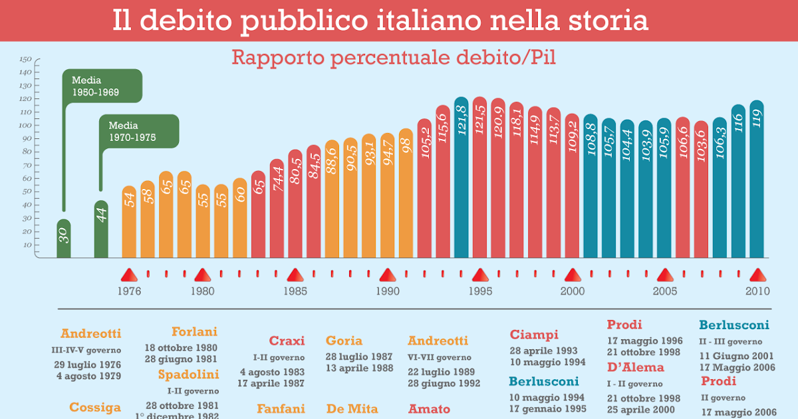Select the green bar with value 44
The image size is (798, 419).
click(101, 229)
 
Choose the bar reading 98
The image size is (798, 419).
click(406, 193)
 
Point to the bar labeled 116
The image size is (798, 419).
click(738, 181)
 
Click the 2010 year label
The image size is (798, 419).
click(757, 291)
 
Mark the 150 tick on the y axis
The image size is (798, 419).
click(26, 59)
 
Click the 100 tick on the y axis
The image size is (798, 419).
click(26, 125)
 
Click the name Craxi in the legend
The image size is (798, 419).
click(287, 341)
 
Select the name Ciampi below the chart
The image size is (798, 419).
click(534, 335)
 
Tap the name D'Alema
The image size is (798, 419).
click(635, 368)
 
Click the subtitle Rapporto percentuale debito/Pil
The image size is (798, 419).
click(394, 58)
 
